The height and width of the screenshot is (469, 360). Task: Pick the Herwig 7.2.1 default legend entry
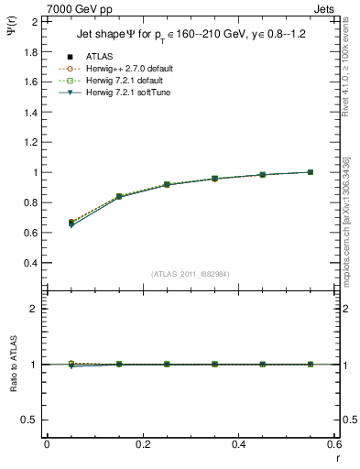point(130,81)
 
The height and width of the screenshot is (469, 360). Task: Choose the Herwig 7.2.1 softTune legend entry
point(133,93)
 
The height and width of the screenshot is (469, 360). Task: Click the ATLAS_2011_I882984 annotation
point(190,274)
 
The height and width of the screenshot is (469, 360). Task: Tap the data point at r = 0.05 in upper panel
point(71,223)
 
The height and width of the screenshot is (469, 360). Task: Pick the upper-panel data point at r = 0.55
point(311,172)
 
